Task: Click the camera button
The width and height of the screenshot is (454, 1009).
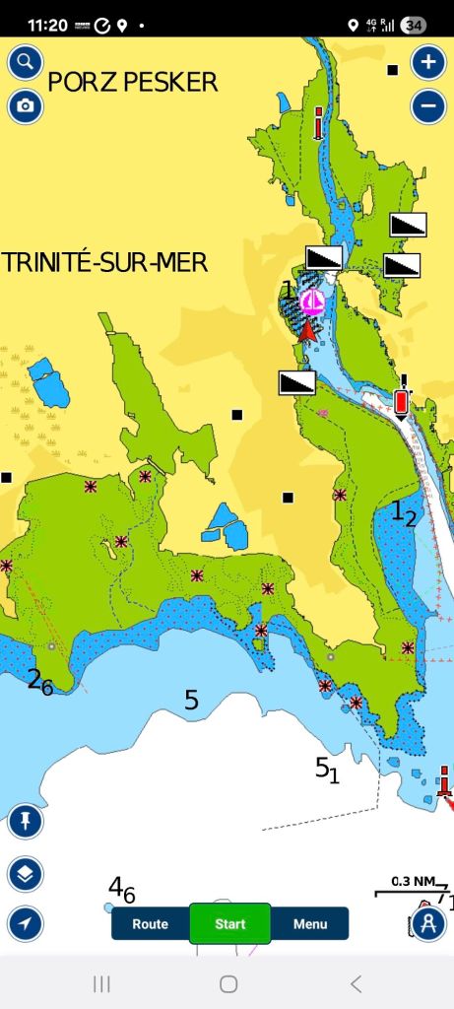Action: click(25, 106)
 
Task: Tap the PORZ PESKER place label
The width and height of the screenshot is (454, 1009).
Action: click(133, 82)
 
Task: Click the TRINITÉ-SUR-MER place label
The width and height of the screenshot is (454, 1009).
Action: click(104, 262)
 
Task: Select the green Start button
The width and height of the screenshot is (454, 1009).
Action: click(229, 924)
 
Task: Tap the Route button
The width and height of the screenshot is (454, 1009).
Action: click(150, 924)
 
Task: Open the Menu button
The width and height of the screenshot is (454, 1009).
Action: click(309, 924)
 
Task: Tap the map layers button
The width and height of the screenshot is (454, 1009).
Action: click(25, 873)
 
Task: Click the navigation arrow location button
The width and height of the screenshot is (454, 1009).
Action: click(25, 924)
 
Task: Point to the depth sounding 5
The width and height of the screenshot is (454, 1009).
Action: click(191, 701)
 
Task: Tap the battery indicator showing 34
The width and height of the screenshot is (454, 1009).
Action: click(414, 26)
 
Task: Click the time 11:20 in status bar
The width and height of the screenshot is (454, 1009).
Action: click(47, 25)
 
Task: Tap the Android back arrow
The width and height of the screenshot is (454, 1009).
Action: click(357, 983)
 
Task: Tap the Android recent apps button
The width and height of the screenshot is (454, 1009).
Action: click(100, 983)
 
